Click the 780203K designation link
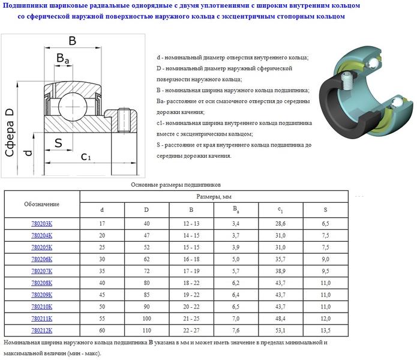pyautogui.click(x=41, y=224)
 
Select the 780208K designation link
pyautogui.click(x=41, y=283)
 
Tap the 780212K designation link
pyautogui.click(x=41, y=329)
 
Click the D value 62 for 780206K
pyautogui.click(x=146, y=259)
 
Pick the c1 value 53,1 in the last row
pyautogui.click(x=281, y=329)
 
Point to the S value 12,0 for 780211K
pyautogui.click(x=325, y=318)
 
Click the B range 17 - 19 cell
pyautogui.click(x=191, y=271)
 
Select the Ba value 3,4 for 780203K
pyautogui.click(x=236, y=224)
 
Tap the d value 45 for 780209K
pyautogui.click(x=101, y=295)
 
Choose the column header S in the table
pyautogui.click(x=325, y=209)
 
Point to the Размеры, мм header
pyautogui.click(x=214, y=196)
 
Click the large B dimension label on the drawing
pyautogui.click(x=72, y=41)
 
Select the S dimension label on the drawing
pyautogui.click(x=58, y=142)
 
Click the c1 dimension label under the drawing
pyautogui.click(x=86, y=157)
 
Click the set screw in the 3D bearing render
pyautogui.click(x=349, y=79)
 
